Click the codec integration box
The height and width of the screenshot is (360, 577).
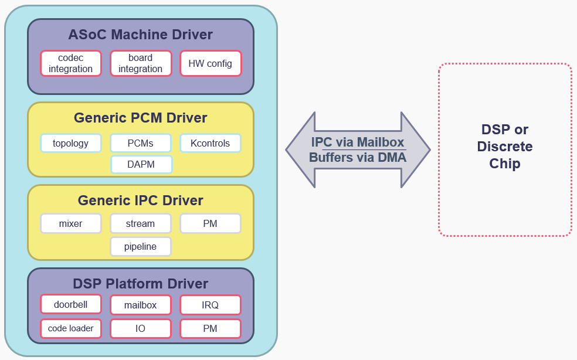pyautogui.click(x=71, y=63)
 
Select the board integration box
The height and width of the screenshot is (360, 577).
pyautogui.click(x=141, y=63)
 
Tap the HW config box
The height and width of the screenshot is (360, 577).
pyautogui.click(x=211, y=63)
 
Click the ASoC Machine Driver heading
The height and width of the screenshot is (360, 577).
pyautogui.click(x=141, y=35)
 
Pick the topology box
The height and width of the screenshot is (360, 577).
pyautogui.click(x=71, y=143)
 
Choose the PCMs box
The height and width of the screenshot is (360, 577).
pyautogui.click(x=141, y=143)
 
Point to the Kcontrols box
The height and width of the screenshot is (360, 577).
pyautogui.click(x=211, y=143)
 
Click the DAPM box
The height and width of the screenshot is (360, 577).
pyautogui.click(x=141, y=164)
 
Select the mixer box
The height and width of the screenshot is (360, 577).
pyautogui.click(x=71, y=223)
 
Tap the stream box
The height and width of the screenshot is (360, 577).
pyautogui.click(x=141, y=223)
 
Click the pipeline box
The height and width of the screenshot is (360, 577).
pyautogui.click(x=141, y=246)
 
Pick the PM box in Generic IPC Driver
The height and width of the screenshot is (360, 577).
pyautogui.click(x=211, y=223)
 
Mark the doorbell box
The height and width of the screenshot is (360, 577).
pyautogui.click(x=71, y=304)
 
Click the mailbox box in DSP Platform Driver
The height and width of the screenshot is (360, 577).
pyautogui.click(x=141, y=305)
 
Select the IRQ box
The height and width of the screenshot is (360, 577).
pyautogui.click(x=211, y=305)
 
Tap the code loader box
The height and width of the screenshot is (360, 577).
pyautogui.click(x=71, y=328)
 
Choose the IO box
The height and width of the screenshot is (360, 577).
pyautogui.click(x=141, y=328)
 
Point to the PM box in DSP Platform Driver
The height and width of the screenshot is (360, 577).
pyautogui.click(x=211, y=328)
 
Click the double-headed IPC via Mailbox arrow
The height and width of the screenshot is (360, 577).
pyautogui.click(x=358, y=150)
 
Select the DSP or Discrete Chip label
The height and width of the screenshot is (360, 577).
pyautogui.click(x=505, y=147)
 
